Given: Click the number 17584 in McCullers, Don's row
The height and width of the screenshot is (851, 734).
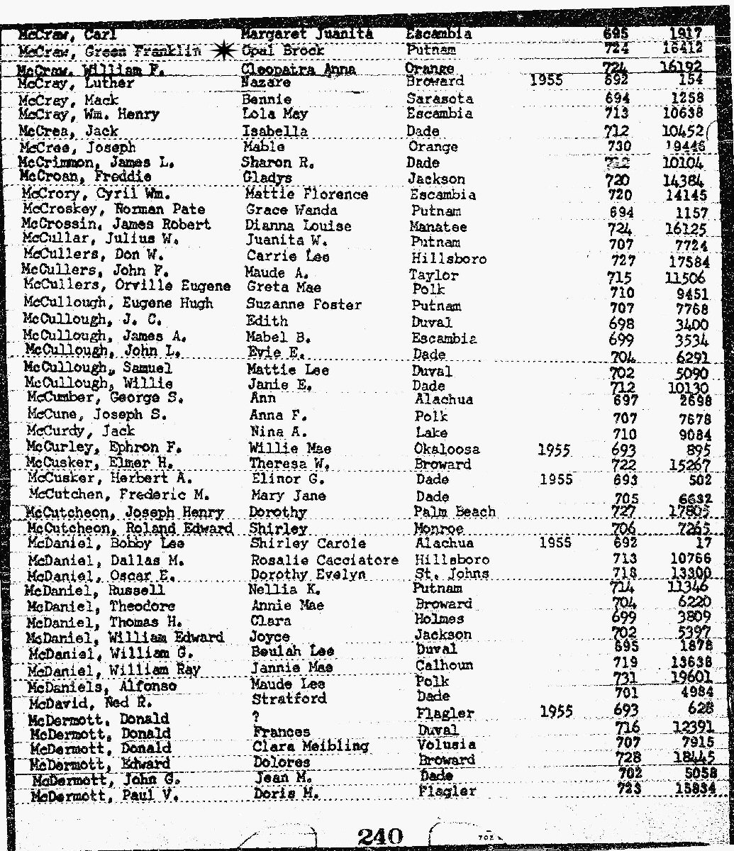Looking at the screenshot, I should (x=683, y=260).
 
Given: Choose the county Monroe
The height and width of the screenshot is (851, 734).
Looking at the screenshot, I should (x=440, y=530).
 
